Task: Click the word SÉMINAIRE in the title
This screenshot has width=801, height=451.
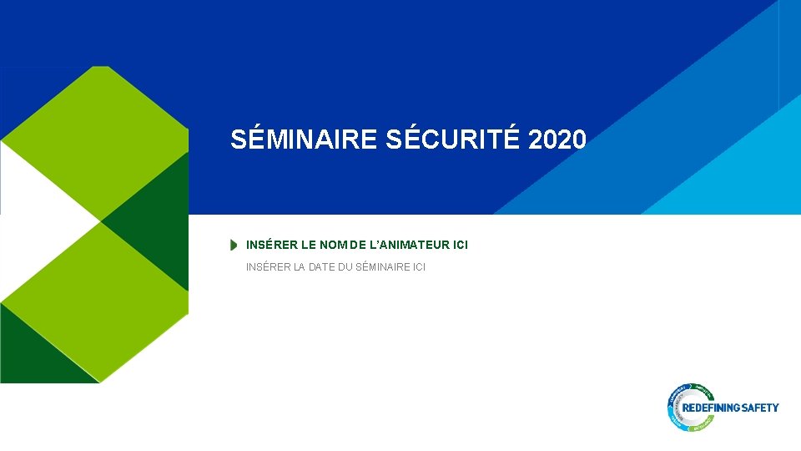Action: tap(305, 139)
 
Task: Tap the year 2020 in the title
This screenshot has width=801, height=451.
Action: tap(557, 139)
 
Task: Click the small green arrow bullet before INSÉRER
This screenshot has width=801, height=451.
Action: tap(234, 246)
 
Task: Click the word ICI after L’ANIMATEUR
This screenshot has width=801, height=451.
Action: tap(460, 246)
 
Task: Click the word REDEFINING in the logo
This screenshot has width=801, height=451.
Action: tap(711, 408)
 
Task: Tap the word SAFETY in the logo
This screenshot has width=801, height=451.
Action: tap(759, 408)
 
